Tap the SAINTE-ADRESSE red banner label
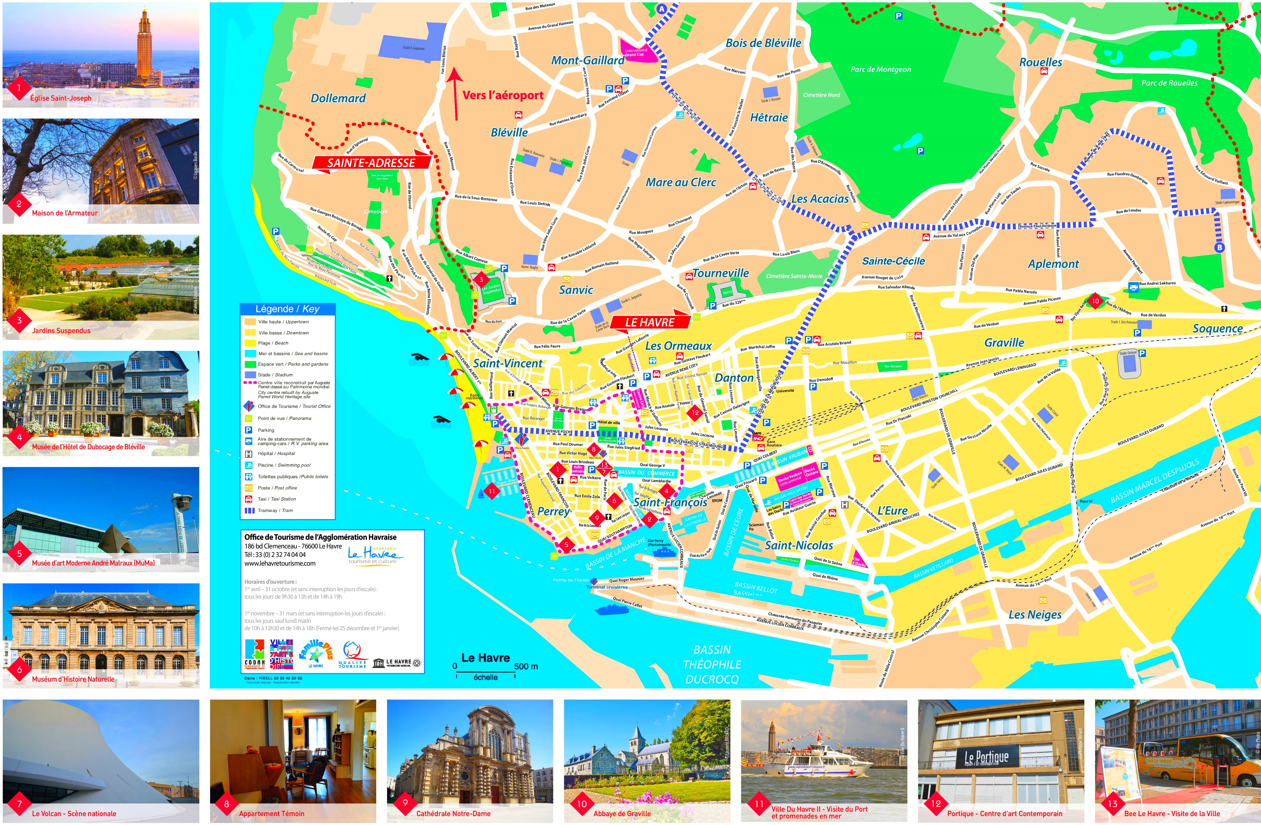click(x=371, y=163)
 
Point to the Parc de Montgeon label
click(x=881, y=69)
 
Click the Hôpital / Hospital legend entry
click(x=275, y=454)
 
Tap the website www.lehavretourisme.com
click(x=280, y=563)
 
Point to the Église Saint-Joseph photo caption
click(x=60, y=98)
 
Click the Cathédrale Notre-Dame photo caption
click(x=453, y=813)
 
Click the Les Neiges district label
click(x=1035, y=615)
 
